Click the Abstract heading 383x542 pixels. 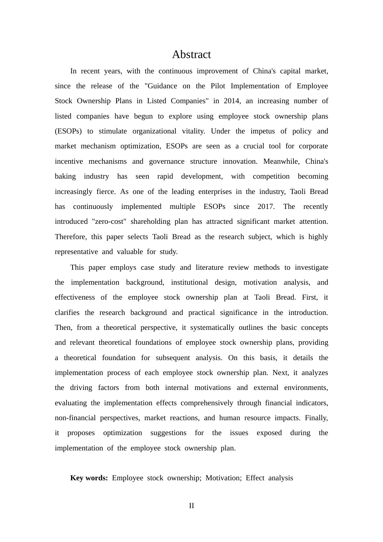tap(191, 54)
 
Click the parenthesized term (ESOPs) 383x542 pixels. tap(68, 131)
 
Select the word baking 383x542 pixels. tap(65, 176)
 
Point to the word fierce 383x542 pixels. tap(106, 192)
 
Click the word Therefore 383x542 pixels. tap(71, 237)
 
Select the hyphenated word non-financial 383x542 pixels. tap(75, 418)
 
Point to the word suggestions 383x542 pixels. tap(168, 433)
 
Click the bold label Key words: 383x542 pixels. tap(89, 478)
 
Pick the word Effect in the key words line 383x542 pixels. tap(255, 478)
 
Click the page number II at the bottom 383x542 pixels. tap(191, 506)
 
